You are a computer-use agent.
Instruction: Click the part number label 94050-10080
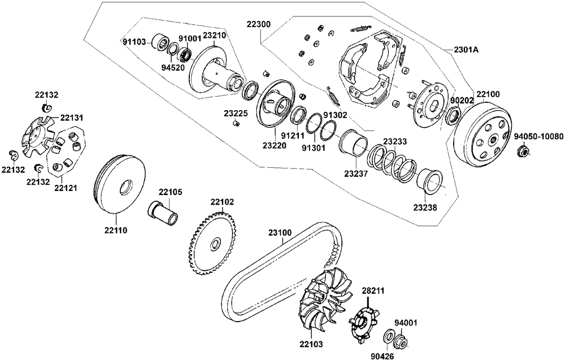tap(538, 137)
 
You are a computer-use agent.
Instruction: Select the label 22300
tap(258, 25)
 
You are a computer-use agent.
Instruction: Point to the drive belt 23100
tap(271, 266)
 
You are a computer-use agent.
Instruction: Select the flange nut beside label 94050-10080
tap(524, 151)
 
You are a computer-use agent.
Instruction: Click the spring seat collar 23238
tap(429, 181)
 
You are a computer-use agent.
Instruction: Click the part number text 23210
tap(214, 35)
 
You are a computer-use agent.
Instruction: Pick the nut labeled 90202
tap(451, 117)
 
